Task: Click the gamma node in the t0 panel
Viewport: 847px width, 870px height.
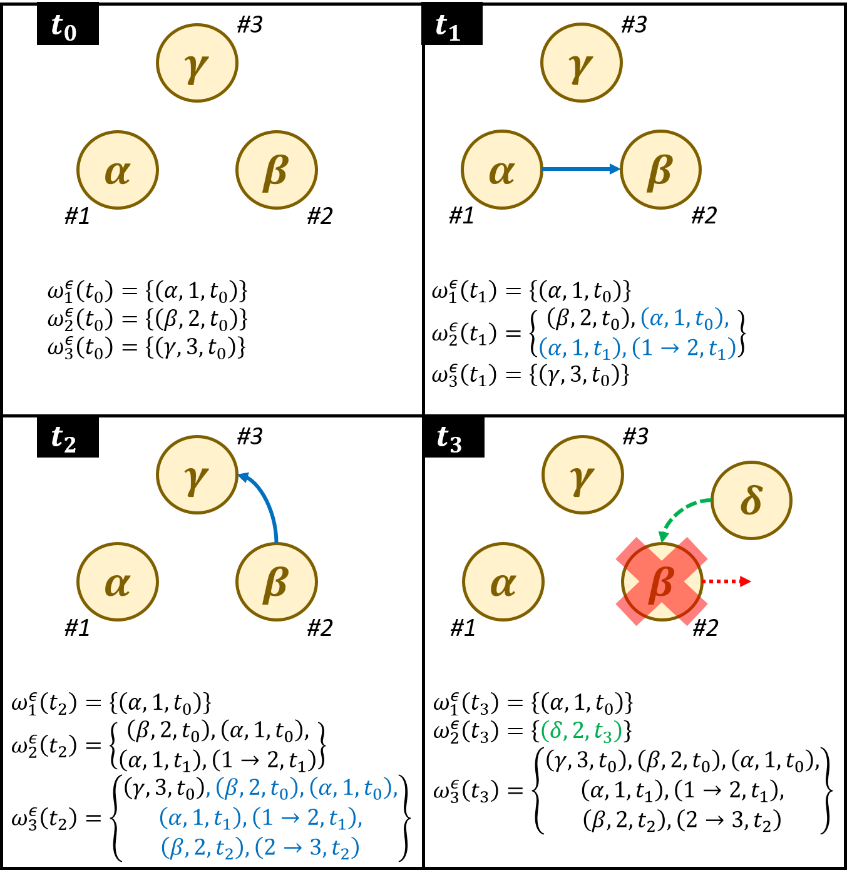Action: (x=197, y=63)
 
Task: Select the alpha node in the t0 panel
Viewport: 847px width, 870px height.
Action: (x=118, y=170)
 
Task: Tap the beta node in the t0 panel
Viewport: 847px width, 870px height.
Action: (x=277, y=170)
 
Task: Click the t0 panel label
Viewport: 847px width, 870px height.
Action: (x=64, y=28)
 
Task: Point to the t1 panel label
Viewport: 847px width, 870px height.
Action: (x=448, y=28)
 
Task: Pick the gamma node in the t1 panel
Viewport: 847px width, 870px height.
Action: (x=582, y=63)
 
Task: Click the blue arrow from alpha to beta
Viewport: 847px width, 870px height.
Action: (x=580, y=169)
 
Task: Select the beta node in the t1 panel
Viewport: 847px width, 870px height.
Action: (x=661, y=170)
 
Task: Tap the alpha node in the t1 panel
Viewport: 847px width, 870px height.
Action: (x=502, y=170)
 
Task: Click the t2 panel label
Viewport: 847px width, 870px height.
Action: (x=64, y=439)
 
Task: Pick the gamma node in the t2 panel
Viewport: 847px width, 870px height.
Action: (x=197, y=474)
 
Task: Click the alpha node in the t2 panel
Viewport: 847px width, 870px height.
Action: (x=118, y=581)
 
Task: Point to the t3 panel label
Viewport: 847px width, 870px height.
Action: (x=449, y=439)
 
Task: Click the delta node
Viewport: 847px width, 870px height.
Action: (x=751, y=500)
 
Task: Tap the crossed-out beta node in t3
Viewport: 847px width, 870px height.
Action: (x=662, y=581)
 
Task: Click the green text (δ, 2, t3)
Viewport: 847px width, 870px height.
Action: (x=582, y=730)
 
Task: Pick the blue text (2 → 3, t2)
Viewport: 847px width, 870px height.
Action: (x=307, y=848)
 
